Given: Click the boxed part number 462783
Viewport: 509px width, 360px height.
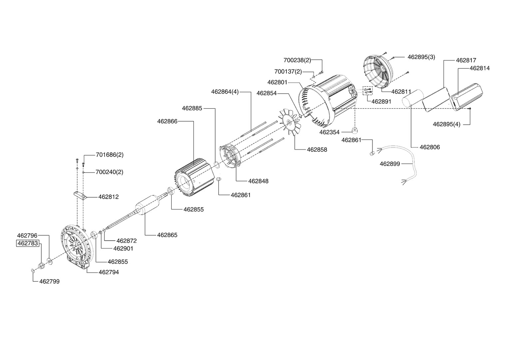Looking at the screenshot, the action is click(28, 243).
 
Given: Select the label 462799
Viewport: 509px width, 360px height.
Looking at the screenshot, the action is click(50, 281).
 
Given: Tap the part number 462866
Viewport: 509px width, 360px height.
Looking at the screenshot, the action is click(167, 121).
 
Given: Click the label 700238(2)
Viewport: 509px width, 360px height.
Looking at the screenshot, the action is click(297, 60).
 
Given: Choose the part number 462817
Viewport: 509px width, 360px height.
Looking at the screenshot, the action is click(466, 60).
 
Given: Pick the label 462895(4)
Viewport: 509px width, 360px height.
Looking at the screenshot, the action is click(446, 124).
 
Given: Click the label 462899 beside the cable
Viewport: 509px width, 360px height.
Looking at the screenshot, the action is click(390, 164).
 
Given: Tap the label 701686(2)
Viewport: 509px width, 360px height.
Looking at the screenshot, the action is click(110, 155).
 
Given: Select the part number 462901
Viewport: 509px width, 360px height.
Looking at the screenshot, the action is click(123, 248).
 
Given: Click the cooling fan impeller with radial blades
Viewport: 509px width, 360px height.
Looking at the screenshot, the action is click(289, 123).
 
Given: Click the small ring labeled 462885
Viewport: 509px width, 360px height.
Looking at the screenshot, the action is click(217, 164).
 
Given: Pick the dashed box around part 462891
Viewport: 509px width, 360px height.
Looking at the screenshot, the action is click(367, 91).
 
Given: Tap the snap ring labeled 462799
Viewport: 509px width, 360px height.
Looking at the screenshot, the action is click(33, 270).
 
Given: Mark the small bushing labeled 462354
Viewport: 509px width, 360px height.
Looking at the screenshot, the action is click(354, 130).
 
